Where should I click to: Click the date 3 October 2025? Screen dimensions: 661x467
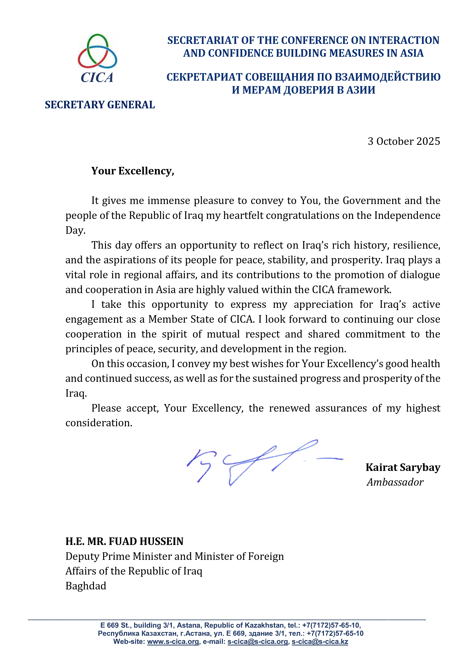[404, 141]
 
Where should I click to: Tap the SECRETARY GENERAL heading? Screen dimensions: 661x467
[100, 105]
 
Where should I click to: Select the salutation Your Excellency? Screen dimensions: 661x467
[133, 171]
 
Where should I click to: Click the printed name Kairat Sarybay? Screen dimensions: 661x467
[403, 468]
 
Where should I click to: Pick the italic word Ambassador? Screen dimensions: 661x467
[395, 482]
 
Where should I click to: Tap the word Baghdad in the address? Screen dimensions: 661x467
[86, 586]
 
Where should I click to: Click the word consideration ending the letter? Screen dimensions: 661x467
[98, 423]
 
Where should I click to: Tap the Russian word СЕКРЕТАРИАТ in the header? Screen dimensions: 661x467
[204, 77]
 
